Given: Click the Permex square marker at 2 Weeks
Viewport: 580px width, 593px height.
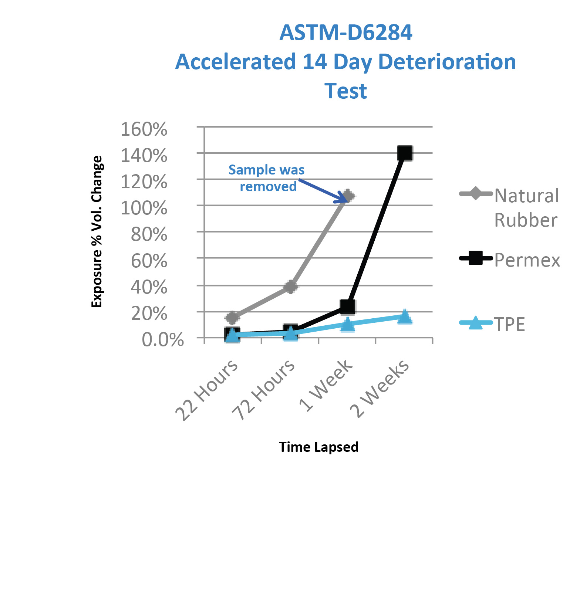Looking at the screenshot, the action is coord(405,153).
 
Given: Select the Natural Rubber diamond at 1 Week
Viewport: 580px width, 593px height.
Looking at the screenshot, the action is coord(348,196).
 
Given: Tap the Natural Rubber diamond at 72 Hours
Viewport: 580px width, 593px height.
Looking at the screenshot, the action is coord(291,287).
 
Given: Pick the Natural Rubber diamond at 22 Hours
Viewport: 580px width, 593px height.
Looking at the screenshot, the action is coord(233,318).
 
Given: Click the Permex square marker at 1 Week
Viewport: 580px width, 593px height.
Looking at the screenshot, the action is coord(348,306).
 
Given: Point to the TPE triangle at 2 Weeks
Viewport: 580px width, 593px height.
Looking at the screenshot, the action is coord(405,316).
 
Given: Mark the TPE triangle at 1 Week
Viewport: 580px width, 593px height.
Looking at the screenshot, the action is coord(347,325).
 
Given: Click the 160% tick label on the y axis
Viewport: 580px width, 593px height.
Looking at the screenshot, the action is coord(144,129).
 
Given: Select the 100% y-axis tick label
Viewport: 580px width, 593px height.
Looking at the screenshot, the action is coord(144,208).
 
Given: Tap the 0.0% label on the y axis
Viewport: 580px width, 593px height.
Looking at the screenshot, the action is coord(163,339).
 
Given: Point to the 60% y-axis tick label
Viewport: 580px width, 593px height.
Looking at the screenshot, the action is coord(149,261).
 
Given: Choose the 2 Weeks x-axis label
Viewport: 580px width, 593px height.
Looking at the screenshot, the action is coord(380,388).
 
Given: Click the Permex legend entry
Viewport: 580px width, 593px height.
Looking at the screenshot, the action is coord(510,260).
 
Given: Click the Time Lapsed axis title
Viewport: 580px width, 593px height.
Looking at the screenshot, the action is coord(319,447).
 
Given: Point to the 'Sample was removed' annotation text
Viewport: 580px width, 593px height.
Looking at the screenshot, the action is coord(267,178).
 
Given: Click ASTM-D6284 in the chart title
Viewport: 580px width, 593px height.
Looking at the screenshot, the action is coord(346,33).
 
